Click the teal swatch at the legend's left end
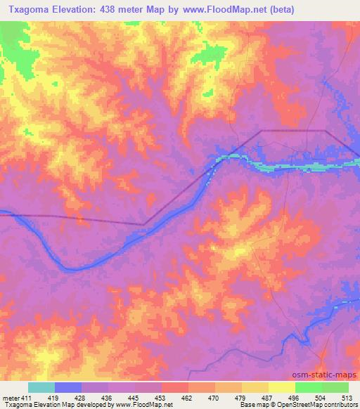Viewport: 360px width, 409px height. (41, 387)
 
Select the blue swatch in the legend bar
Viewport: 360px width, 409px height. (68, 387)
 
